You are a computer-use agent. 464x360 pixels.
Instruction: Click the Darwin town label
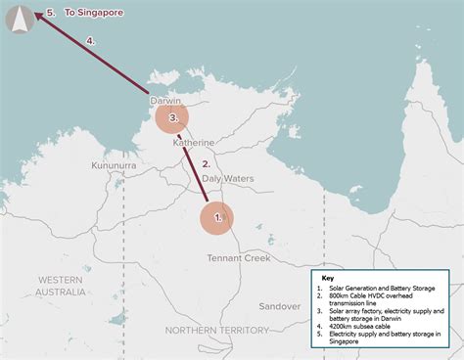(166, 101)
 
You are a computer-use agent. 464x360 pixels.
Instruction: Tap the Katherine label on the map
(194, 143)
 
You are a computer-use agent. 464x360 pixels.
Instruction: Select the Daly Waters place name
(226, 179)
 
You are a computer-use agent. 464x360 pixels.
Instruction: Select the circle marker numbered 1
(217, 218)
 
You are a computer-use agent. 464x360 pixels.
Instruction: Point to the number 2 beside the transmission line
(207, 164)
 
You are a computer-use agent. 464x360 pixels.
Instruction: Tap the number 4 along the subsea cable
(90, 41)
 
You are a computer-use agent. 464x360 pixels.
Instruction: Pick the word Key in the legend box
(328, 277)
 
